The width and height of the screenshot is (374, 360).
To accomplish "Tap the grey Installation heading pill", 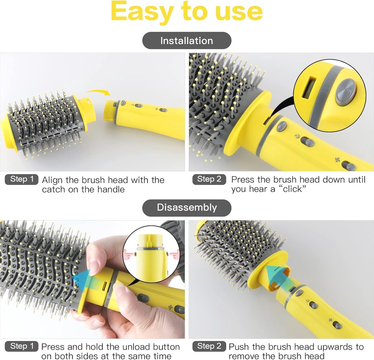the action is tap(187, 40).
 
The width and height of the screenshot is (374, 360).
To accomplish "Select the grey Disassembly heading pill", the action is tap(187, 208).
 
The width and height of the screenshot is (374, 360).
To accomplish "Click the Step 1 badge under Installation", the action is tap(22, 179).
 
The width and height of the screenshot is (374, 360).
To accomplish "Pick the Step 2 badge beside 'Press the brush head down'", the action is tap(209, 179).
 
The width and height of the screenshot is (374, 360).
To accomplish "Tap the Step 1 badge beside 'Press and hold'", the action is tap(22, 346).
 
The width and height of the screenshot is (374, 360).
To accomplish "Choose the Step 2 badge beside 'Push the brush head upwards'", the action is tap(209, 346).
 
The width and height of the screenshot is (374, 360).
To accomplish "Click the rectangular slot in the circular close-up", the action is tap(309, 88).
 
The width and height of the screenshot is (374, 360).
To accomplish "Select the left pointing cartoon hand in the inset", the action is tap(129, 255).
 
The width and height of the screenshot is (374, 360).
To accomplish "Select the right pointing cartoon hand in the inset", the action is tap(175, 255).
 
